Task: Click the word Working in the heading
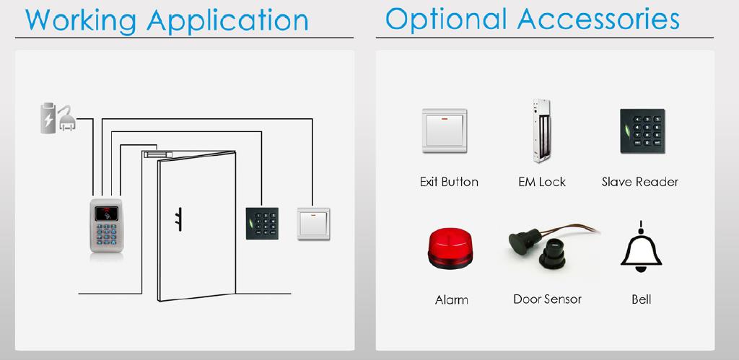[81, 20]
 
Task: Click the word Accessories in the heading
[598, 19]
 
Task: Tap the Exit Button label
[449, 182]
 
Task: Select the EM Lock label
[542, 182]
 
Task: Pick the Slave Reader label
[640, 182]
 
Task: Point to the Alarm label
[452, 299]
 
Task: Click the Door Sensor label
[547, 299]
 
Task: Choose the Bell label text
[641, 299]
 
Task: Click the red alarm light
[450, 249]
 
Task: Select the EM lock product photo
[541, 131]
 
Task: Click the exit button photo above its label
[445, 131]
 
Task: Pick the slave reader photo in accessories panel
[642, 131]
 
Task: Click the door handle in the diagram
[179, 219]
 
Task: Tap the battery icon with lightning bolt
[48, 118]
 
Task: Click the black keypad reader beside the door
[262, 224]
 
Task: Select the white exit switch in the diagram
[313, 224]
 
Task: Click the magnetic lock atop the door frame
[158, 154]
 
